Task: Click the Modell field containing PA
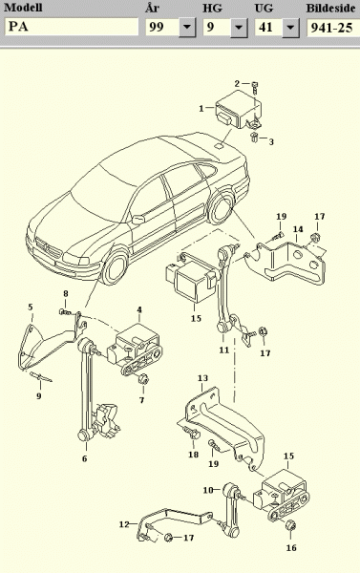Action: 72,27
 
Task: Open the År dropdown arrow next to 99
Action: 187,28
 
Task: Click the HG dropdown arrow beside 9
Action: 239,28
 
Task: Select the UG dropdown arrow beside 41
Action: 291,28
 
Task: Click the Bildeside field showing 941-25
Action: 333,28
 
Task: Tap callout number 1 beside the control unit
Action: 201,109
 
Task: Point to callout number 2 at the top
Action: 237,84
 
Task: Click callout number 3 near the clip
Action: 271,141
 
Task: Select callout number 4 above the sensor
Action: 139,309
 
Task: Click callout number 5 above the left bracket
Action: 31,307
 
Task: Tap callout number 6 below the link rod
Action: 84,458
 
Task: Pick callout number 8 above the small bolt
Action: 66,293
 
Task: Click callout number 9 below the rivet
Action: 39,395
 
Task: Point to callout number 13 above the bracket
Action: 202,378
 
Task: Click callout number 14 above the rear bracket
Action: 298,229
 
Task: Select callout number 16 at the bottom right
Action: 291,548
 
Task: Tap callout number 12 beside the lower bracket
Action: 124,524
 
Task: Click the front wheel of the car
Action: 116,267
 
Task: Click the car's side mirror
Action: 138,220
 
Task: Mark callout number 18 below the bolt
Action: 193,455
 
